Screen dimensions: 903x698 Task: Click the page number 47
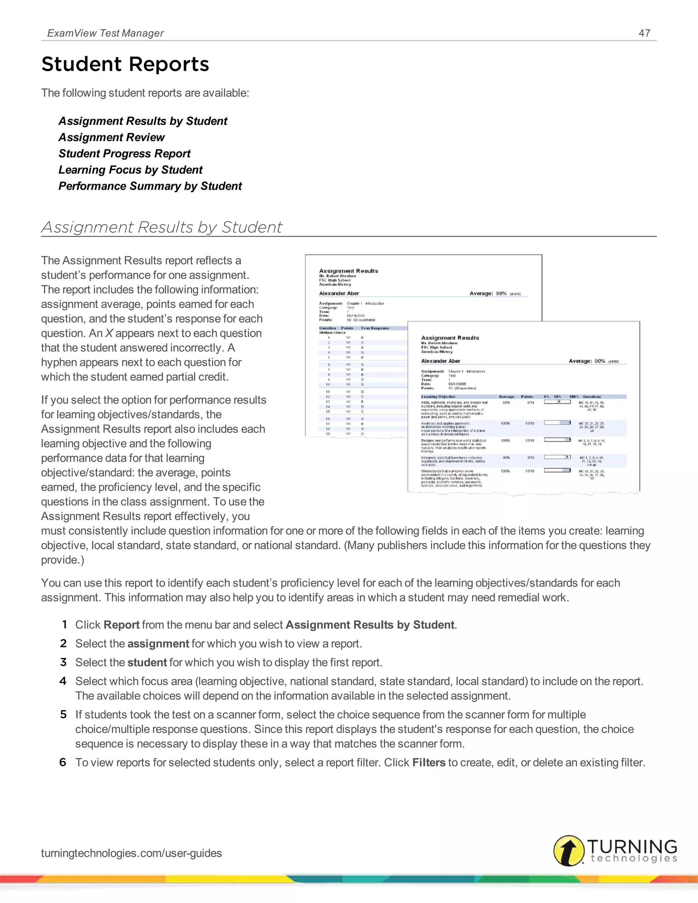pyautogui.click(x=644, y=33)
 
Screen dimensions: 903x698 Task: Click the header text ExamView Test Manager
pyautogui.click(x=105, y=33)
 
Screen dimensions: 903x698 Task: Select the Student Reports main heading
pyautogui.click(x=125, y=64)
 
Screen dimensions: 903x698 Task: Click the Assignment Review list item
pyautogui.click(x=112, y=137)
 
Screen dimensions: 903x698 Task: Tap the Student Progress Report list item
pyautogui.click(x=124, y=153)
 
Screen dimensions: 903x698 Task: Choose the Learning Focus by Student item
pyautogui.click(x=130, y=170)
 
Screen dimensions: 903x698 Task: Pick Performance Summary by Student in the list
pyautogui.click(x=150, y=186)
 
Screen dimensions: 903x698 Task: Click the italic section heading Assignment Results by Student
pyautogui.click(x=162, y=227)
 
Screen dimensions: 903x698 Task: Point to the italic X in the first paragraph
pyautogui.click(x=109, y=333)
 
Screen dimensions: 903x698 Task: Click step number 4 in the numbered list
pyautogui.click(x=63, y=681)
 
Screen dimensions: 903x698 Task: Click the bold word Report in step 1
pyautogui.click(x=122, y=625)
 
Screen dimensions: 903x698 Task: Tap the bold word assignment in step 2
pyautogui.click(x=158, y=644)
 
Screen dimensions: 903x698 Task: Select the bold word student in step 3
pyautogui.click(x=147, y=662)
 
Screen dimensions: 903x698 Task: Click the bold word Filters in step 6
pyautogui.click(x=429, y=762)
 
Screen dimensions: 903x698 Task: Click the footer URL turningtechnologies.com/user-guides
pyautogui.click(x=132, y=853)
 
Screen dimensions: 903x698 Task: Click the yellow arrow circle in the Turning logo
pyautogui.click(x=569, y=851)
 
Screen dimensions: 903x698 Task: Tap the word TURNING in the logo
pyautogui.click(x=632, y=846)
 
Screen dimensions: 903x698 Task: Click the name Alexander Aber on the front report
pyautogui.click(x=440, y=361)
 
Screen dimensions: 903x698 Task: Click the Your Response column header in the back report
pyautogui.click(x=375, y=328)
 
